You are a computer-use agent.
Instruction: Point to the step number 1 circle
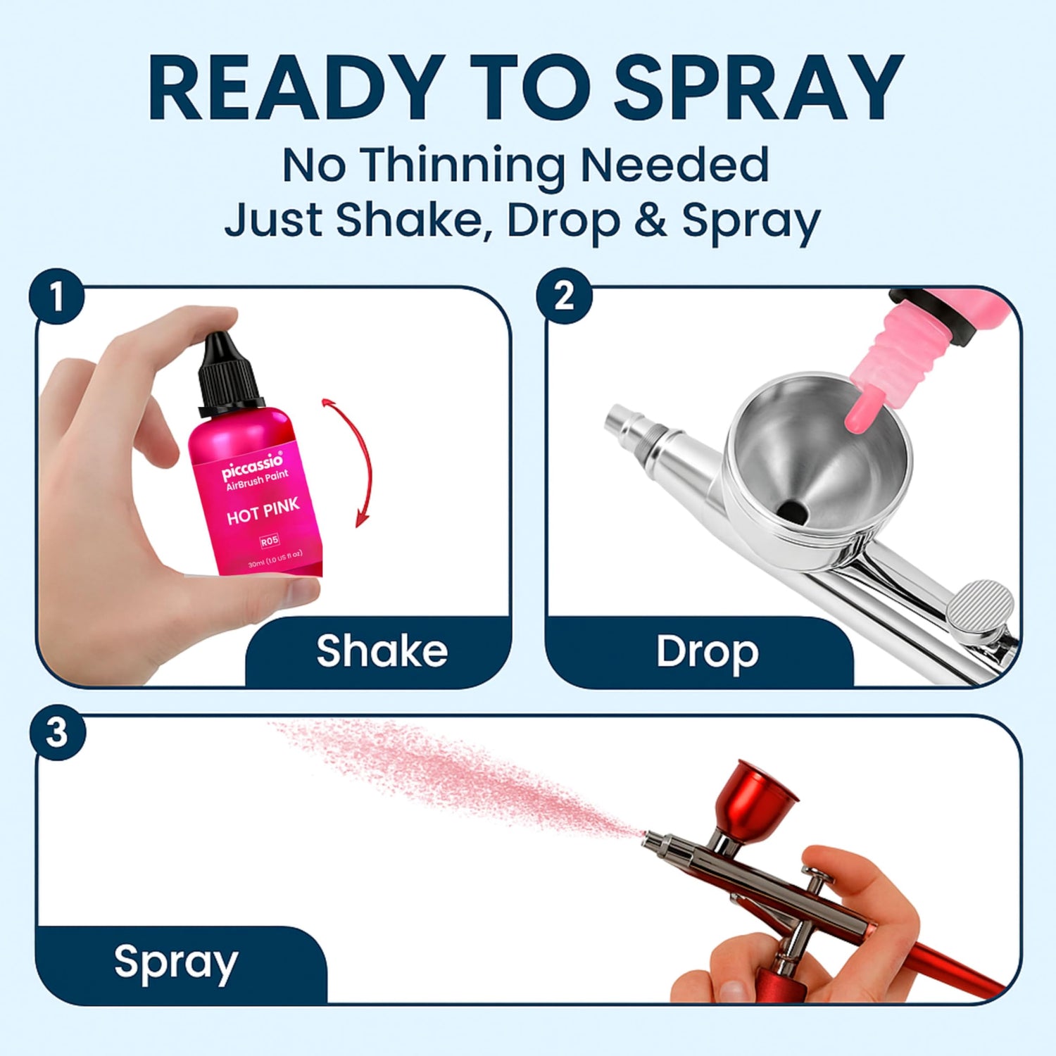tap(57, 297)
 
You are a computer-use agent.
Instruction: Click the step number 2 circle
tap(564, 297)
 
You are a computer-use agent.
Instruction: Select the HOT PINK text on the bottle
tap(263, 511)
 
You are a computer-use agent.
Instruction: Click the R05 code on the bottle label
tap(270, 541)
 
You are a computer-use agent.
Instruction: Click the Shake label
tap(382, 650)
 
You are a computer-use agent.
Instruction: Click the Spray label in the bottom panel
tap(176, 963)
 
